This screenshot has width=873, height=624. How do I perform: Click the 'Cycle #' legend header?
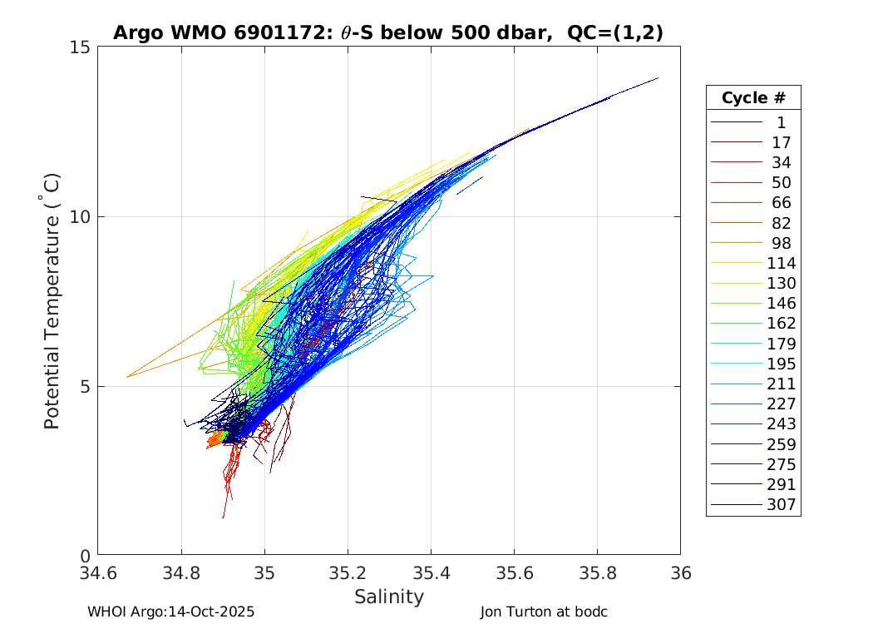click(x=753, y=97)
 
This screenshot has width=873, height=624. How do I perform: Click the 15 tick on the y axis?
click(x=80, y=47)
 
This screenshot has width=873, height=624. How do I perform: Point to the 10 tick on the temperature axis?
click(x=80, y=216)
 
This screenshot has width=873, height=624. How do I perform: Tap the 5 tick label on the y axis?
click(x=84, y=386)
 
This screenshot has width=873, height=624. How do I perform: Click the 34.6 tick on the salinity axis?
click(x=98, y=573)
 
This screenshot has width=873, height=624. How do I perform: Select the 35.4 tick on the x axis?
click(x=431, y=573)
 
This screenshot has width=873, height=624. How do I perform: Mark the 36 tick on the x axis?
click(x=680, y=573)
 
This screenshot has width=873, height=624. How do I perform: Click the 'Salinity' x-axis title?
click(x=389, y=597)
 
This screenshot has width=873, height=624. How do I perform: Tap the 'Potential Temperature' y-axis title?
click(x=52, y=300)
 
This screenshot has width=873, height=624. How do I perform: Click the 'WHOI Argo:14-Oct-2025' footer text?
click(x=170, y=612)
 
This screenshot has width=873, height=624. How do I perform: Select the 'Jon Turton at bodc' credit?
click(x=544, y=612)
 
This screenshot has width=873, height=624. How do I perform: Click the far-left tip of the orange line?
click(x=127, y=377)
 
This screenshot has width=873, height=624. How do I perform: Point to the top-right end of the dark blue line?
click(x=658, y=78)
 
